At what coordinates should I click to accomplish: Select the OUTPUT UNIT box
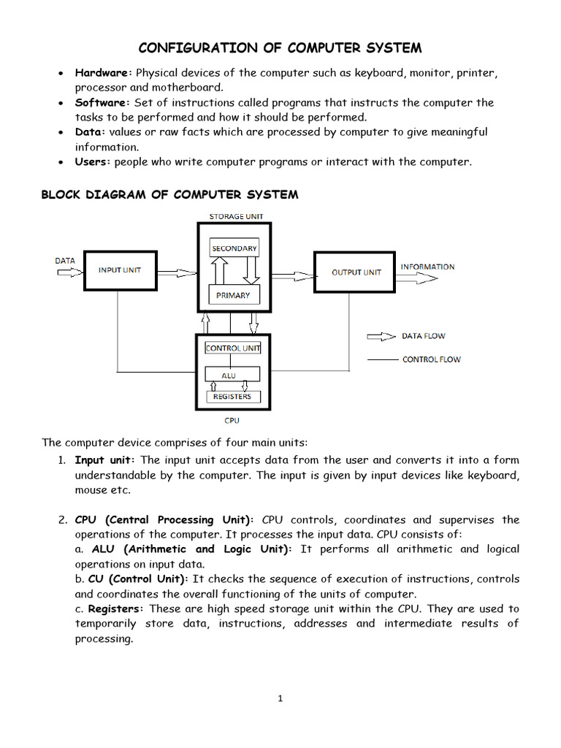(356, 272)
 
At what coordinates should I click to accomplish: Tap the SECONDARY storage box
(234, 249)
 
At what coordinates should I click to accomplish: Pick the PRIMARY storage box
(233, 295)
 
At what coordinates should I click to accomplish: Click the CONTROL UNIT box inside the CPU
(233, 348)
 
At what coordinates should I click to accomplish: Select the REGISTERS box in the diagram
(232, 397)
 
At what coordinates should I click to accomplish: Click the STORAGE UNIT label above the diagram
(236, 216)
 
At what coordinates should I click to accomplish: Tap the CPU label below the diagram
(232, 421)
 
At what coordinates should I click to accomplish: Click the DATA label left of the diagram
(65, 260)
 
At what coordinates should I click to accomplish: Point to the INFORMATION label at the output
(427, 267)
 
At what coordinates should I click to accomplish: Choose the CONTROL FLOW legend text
(431, 359)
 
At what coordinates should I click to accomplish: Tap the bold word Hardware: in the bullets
(104, 73)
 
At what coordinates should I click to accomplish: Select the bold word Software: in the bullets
(102, 103)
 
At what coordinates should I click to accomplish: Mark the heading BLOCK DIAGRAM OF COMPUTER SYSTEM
(169, 194)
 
